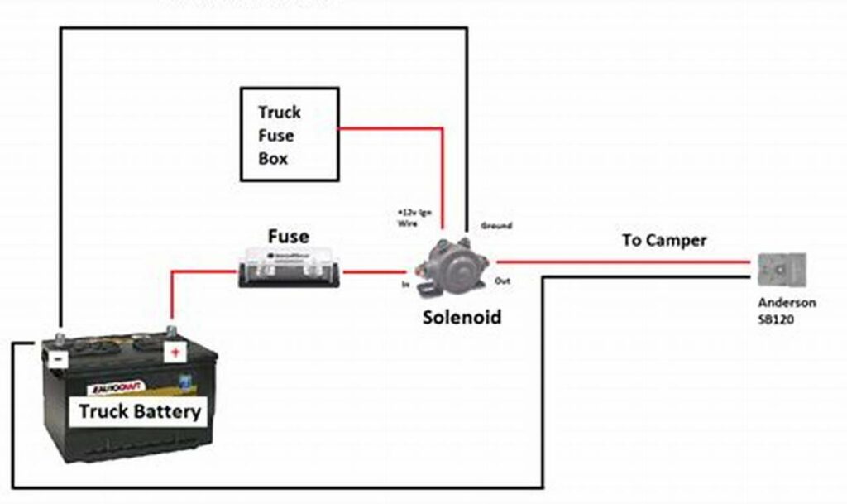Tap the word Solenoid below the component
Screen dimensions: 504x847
pos(462,317)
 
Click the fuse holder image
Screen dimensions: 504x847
pos(290,270)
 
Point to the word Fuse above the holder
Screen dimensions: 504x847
pos(289,237)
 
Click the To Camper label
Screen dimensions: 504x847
pos(664,241)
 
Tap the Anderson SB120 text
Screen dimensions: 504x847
pos(787,310)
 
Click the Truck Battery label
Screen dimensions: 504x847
pos(140,411)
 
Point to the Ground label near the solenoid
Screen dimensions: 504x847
pos(496,225)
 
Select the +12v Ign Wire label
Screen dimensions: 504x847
pos(414,218)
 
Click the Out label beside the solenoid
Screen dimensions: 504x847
pos(502,281)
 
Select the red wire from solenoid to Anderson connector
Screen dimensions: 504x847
pos(629,263)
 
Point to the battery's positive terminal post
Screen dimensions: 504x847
pos(172,333)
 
